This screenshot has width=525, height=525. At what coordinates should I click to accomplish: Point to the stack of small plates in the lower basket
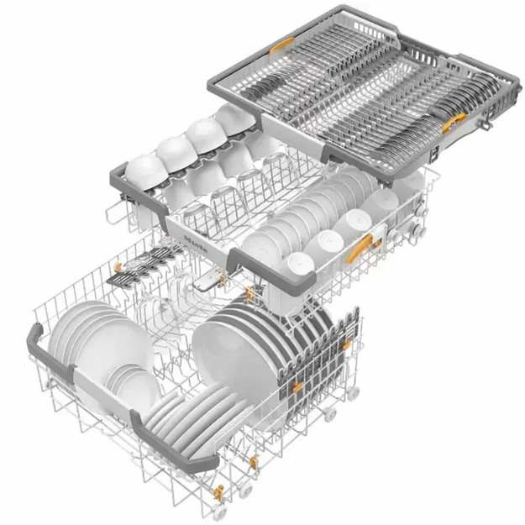tap(134, 386)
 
